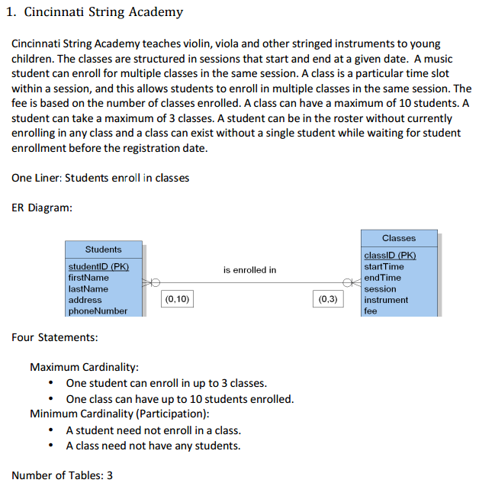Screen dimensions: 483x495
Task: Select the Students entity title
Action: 103,250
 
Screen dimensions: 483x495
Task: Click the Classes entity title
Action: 399,238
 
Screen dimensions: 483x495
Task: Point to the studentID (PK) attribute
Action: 98,266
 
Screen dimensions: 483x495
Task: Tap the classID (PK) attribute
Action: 390,256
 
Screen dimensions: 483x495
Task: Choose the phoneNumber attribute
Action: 98,311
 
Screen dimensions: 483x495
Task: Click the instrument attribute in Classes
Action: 386,300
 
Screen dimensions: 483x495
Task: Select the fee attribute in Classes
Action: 371,311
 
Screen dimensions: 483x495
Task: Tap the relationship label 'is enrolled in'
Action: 249,270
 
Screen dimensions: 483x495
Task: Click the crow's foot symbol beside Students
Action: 151,282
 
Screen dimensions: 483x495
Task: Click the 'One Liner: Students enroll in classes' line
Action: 101,178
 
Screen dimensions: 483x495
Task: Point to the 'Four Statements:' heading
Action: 54,337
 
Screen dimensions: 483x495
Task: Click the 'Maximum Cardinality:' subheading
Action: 84,367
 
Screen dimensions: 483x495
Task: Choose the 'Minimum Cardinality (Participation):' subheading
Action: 119,414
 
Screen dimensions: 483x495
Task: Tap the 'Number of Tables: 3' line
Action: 63,475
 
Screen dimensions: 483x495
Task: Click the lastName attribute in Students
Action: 88,288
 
